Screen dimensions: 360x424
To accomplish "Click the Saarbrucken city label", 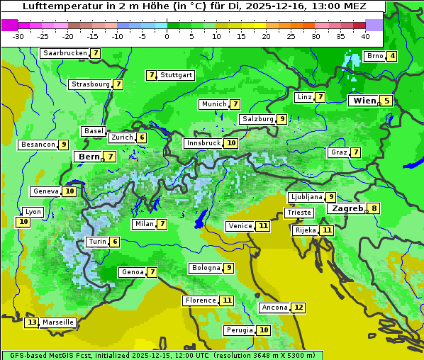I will tap(65, 53).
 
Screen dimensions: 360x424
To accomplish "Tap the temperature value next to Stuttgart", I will tap(151, 75).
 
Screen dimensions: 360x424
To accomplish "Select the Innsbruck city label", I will tap(203, 143).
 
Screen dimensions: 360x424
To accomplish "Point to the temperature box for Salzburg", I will tap(282, 119).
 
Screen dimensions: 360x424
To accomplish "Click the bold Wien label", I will tap(365, 101).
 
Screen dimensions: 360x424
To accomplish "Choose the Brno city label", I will tap(374, 56).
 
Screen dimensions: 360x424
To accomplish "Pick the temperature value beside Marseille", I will tap(31, 322).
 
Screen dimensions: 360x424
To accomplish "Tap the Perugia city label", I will tap(238, 330).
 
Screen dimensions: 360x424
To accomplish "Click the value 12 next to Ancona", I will tap(299, 308).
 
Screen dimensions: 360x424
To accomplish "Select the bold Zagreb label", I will tap(347, 208).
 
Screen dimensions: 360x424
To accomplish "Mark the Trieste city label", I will tap(299, 213).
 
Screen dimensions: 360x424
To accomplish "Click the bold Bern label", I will tap(89, 157).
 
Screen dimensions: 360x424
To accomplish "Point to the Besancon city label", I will tap(38, 145).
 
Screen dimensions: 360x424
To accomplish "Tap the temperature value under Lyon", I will tap(23, 222).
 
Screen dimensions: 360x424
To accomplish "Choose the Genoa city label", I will tap(133, 272).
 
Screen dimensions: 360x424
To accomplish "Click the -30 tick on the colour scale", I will tap(18, 36).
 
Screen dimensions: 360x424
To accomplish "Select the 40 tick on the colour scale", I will tap(365, 36).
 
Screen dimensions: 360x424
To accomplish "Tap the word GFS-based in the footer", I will tap(26, 355).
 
